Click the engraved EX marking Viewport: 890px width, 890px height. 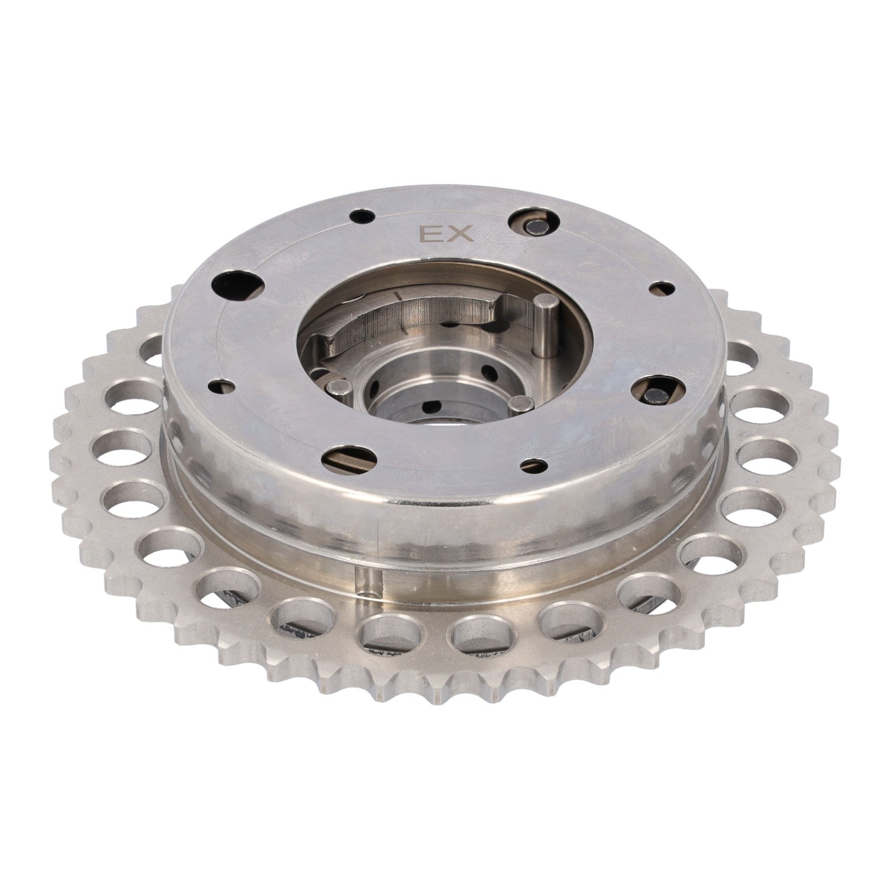[x=446, y=234]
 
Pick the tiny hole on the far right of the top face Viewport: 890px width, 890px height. [x=662, y=289]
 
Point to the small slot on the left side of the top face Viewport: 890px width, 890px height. [x=226, y=386]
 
